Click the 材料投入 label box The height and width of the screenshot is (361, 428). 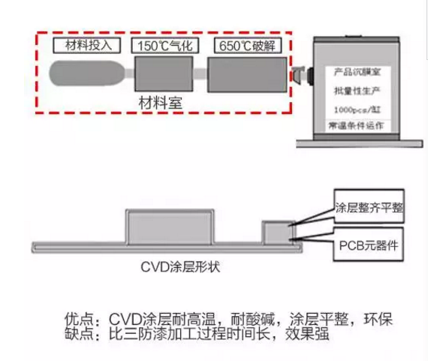coord(87,45)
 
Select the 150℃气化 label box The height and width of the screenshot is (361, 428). coord(165,45)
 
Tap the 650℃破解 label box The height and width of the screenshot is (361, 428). coord(247,45)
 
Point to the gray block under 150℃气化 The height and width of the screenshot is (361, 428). coord(164,74)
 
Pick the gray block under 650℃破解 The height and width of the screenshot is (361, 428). coord(247,74)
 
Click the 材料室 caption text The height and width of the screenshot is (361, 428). coord(161,103)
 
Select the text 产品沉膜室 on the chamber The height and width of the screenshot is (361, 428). coord(357,72)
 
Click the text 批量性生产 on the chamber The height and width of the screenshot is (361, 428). coord(357,91)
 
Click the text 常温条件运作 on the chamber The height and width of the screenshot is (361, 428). coord(356,125)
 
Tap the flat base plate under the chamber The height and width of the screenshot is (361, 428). coord(360,143)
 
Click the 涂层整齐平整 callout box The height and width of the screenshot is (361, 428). coord(369,206)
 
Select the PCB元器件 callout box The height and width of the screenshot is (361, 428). coord(369,245)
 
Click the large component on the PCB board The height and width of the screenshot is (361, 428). coord(170,227)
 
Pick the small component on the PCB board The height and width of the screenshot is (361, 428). coord(279,233)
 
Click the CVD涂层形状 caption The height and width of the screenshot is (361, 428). coord(180,267)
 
